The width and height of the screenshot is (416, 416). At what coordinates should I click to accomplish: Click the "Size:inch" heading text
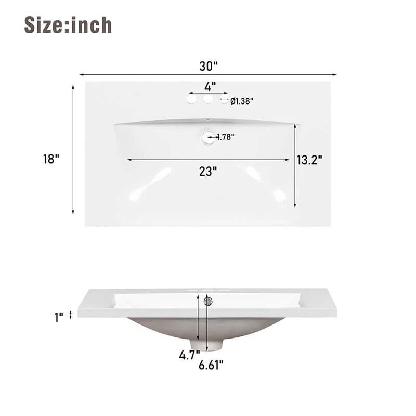click(x=68, y=25)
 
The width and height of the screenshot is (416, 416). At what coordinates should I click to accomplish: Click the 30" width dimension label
click(x=208, y=66)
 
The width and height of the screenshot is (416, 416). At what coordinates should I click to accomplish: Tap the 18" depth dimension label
click(x=51, y=159)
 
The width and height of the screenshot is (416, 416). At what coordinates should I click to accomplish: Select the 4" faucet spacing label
click(x=210, y=85)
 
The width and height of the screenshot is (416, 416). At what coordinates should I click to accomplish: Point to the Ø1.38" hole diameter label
click(x=241, y=101)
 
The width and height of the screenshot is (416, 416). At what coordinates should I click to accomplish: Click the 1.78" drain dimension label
click(x=225, y=137)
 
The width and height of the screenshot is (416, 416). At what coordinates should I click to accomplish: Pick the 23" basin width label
click(x=207, y=171)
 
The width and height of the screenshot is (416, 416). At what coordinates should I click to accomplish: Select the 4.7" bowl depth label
click(x=189, y=356)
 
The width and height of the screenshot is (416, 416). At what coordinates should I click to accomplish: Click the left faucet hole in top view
click(x=192, y=98)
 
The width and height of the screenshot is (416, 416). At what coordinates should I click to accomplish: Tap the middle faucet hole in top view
click(x=208, y=98)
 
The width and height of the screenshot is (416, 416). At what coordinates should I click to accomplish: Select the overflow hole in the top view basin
click(x=207, y=137)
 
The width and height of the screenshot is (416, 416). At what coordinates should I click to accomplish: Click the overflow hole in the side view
click(x=209, y=301)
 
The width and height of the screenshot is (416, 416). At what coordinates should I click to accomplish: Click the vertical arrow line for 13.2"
click(x=295, y=166)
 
